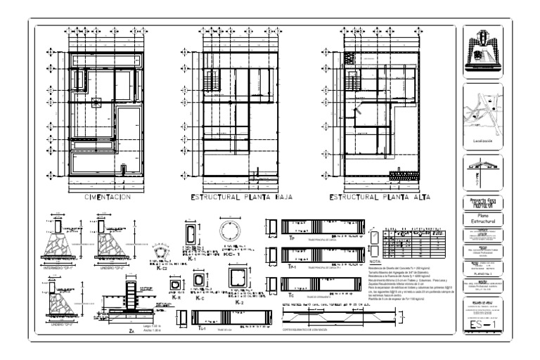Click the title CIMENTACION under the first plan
[x=108, y=198]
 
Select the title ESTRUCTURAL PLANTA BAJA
[x=245, y=198]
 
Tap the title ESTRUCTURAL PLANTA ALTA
[x=378, y=198]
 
